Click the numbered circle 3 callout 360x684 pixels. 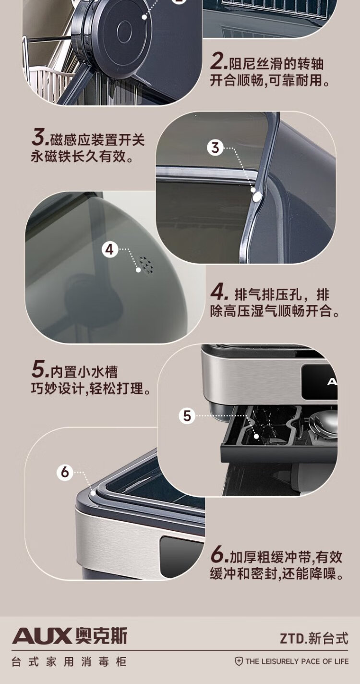click(216, 148)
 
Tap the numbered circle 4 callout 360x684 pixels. click(110, 249)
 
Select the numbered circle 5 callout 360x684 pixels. click(187, 415)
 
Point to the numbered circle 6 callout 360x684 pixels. click(65, 472)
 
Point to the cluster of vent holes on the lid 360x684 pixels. click(146, 264)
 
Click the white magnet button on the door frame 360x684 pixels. click(257, 196)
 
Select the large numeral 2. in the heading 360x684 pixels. click(219, 62)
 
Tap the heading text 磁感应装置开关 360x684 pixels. click(97, 140)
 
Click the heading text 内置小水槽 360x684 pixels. click(84, 371)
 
